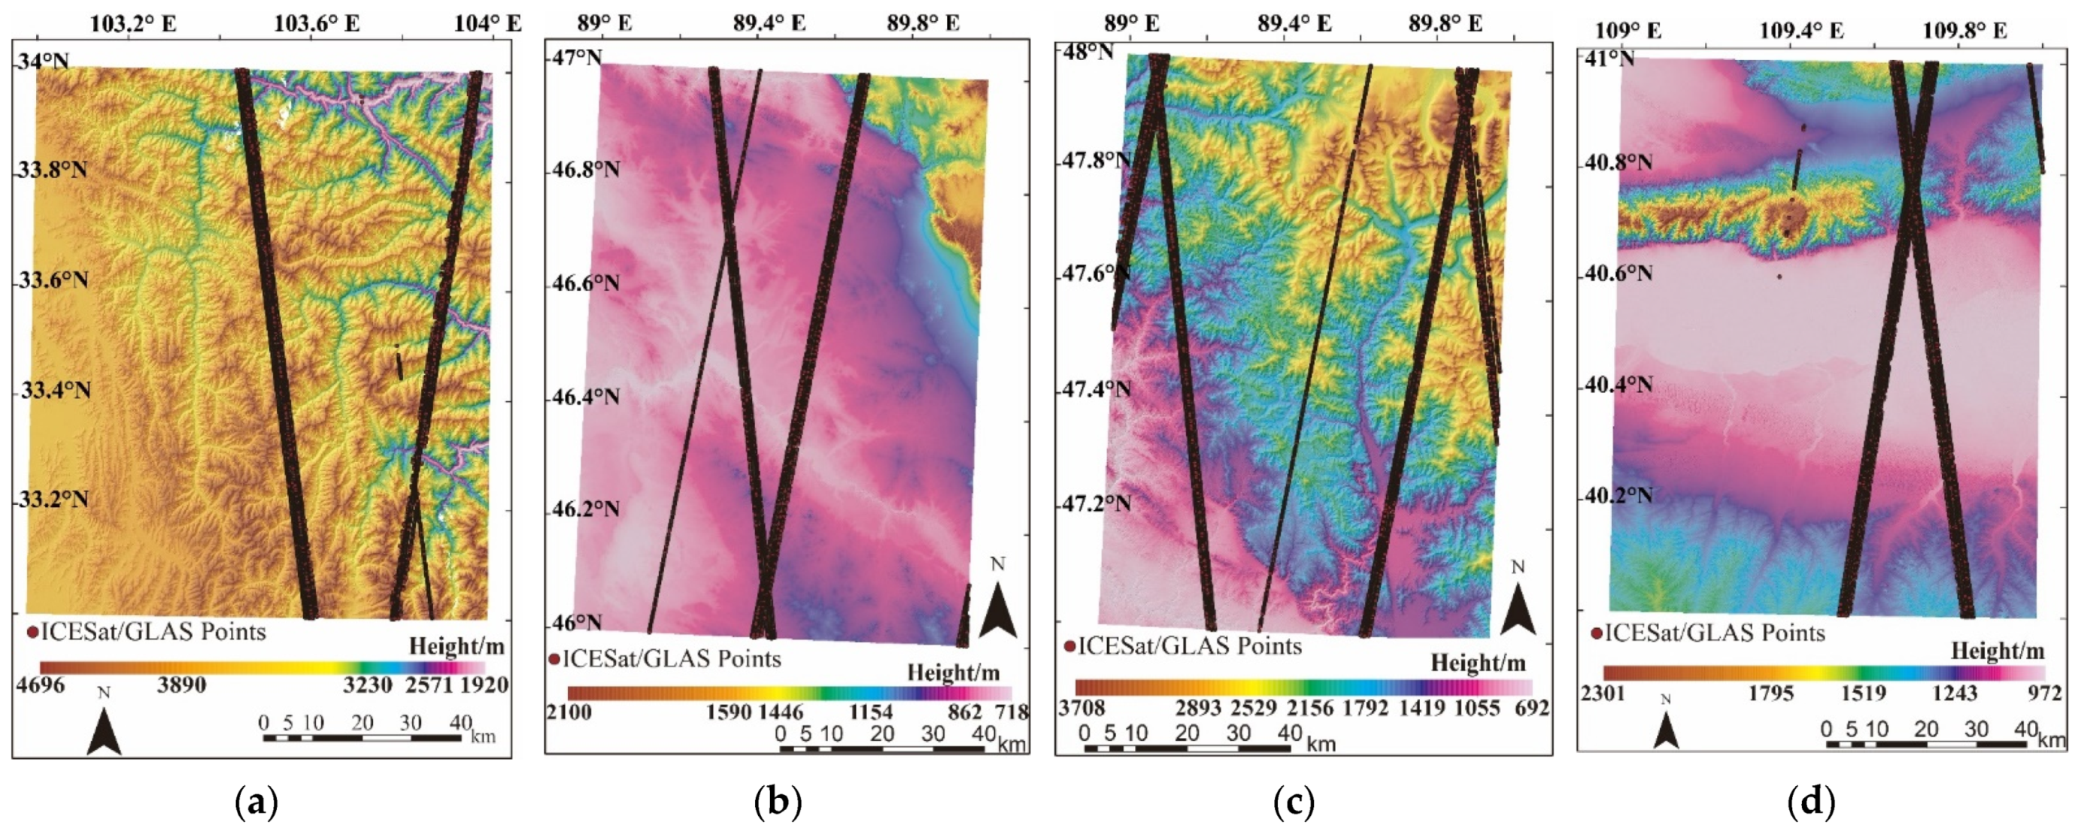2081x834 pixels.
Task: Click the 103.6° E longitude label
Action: click(317, 23)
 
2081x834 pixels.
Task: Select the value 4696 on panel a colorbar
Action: click(40, 685)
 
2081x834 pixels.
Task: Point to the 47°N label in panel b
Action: click(578, 58)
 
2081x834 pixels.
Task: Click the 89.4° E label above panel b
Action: click(769, 23)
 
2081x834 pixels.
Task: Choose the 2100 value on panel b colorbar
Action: click(569, 712)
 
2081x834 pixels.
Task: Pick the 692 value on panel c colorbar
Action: click(1533, 708)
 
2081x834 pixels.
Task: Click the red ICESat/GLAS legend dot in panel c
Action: click(1069, 646)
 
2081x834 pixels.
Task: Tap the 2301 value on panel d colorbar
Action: click(1603, 693)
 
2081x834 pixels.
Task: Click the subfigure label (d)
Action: click(1812, 802)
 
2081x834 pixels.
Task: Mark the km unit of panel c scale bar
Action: click(1320, 743)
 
